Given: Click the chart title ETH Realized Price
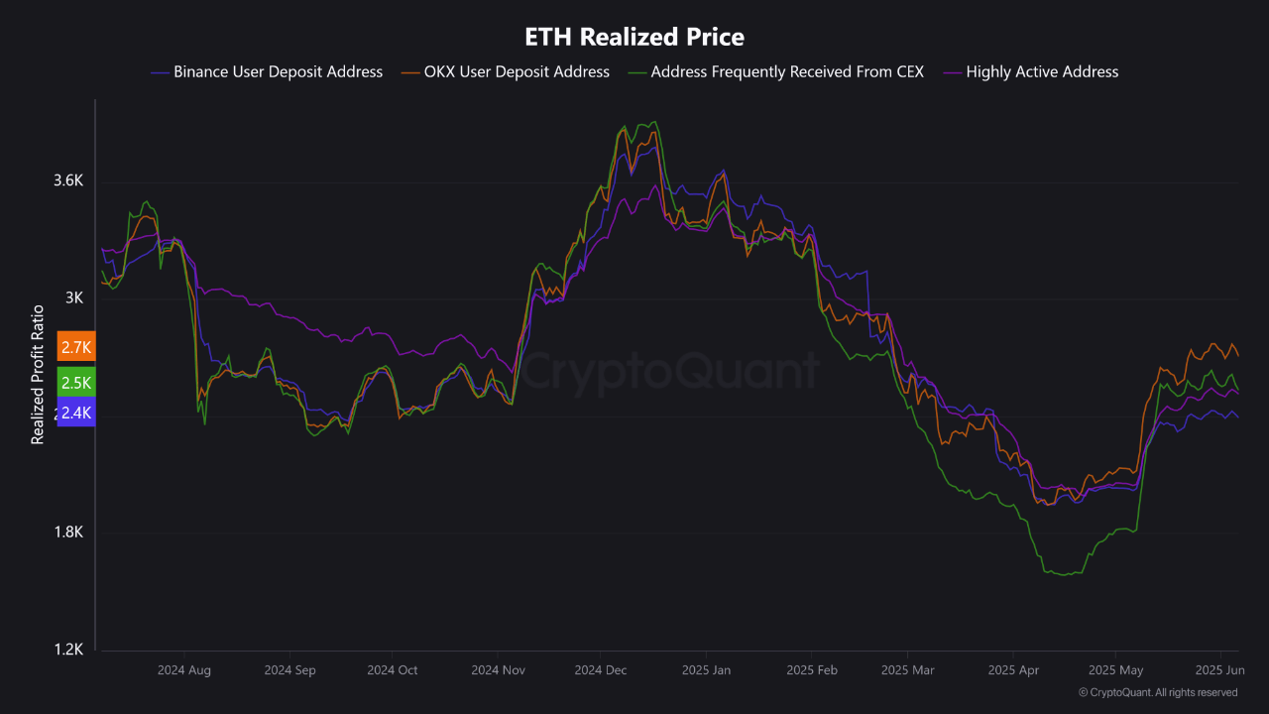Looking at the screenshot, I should tap(634, 38).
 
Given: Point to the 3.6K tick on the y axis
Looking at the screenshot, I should tap(68, 181).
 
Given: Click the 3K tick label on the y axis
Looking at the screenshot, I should tap(75, 298).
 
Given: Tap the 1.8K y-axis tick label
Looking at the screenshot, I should tap(68, 533).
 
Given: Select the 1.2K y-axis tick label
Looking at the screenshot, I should tap(68, 650).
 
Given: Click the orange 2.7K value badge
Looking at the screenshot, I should tap(76, 347).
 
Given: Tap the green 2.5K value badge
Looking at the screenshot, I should tap(76, 383).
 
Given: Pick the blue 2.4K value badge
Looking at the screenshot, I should tap(76, 413).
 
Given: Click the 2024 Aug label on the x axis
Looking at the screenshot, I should tap(183, 670).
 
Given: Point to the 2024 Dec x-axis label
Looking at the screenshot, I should tap(600, 670).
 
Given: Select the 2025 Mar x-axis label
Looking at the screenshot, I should tap(908, 670).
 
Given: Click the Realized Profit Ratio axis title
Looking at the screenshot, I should tap(38, 374).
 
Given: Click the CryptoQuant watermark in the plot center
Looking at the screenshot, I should tap(670, 372).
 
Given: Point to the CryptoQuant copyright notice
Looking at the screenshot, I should tap(1158, 692).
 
